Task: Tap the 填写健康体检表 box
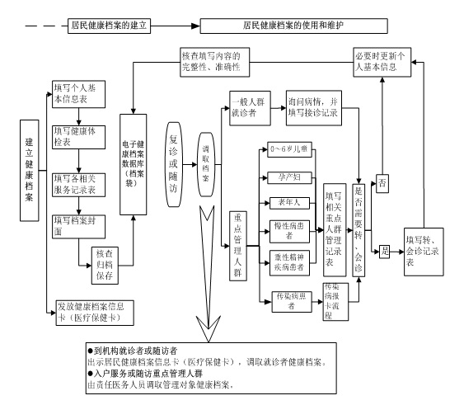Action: click(77, 136)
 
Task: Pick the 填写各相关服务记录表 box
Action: click(77, 182)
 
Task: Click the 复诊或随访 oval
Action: click(173, 158)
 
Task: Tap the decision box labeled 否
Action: click(382, 183)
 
